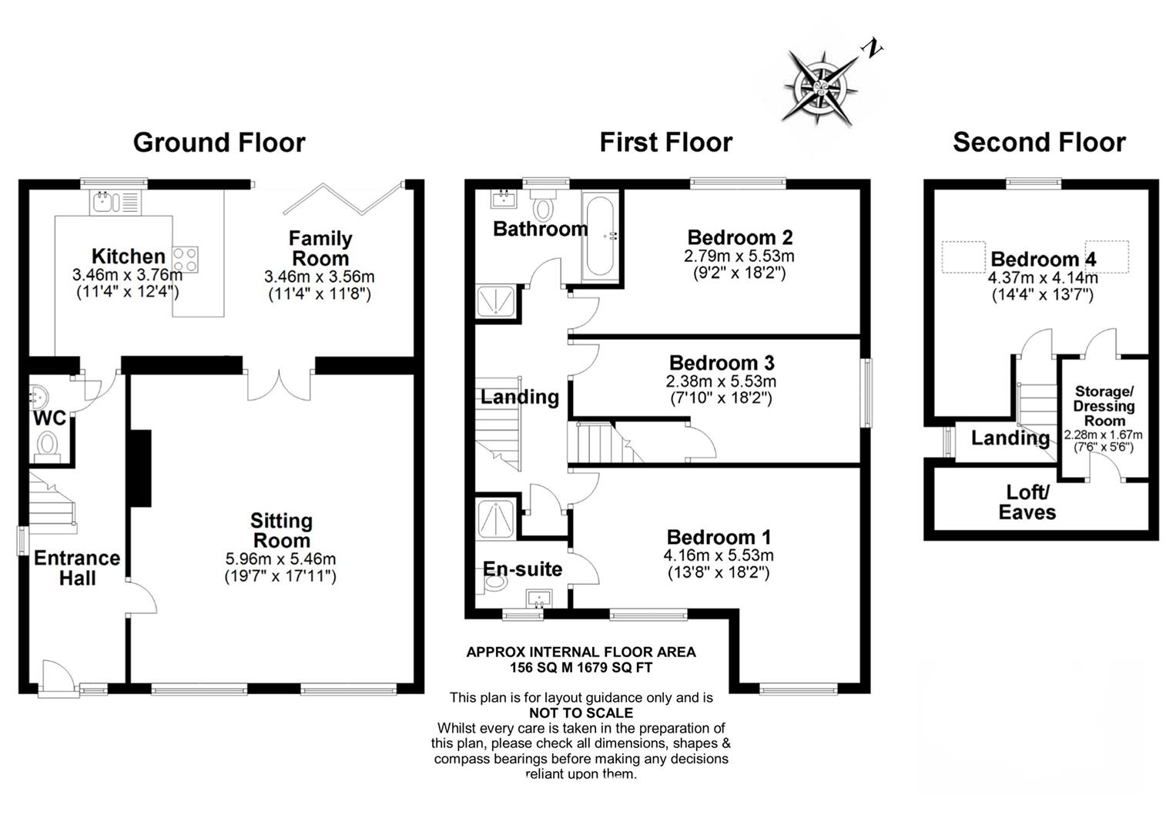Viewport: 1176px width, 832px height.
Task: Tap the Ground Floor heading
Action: (x=219, y=143)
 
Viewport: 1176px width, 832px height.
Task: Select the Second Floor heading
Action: (x=1038, y=143)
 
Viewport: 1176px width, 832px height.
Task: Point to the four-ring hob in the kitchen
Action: (x=186, y=258)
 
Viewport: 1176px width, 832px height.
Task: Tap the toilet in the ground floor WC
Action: (x=48, y=445)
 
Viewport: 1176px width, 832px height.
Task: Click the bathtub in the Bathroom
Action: (x=599, y=237)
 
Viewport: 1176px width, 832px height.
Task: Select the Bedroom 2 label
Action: (x=739, y=237)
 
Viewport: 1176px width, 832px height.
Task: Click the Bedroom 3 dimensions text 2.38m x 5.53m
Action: (x=721, y=381)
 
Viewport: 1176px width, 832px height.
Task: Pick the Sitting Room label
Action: (x=282, y=530)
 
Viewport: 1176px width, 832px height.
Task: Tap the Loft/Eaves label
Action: (x=1027, y=502)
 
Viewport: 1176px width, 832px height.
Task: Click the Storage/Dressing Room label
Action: (x=1104, y=405)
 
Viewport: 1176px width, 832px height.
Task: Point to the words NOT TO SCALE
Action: (x=581, y=713)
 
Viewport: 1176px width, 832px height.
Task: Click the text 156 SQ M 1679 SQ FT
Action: (x=581, y=667)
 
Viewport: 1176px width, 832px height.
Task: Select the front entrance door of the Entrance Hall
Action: (x=57, y=678)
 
